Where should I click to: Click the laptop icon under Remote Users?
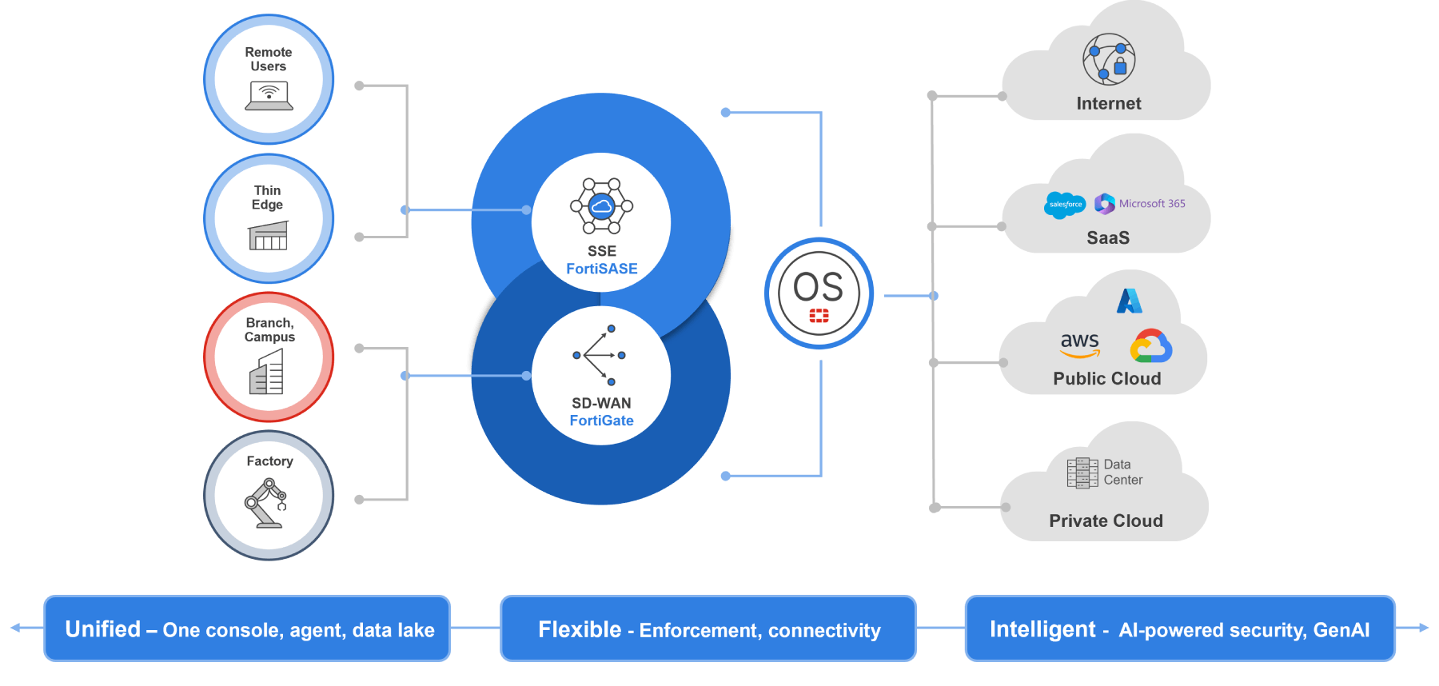pos(269,96)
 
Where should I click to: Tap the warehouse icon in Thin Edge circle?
pos(269,236)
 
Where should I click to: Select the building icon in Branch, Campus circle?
pos(267,373)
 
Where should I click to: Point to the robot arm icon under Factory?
pos(266,503)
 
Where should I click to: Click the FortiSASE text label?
pos(602,269)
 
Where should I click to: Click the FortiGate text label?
pos(601,421)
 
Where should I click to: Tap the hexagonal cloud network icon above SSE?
pos(601,206)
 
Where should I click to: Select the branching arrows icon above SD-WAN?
pos(600,355)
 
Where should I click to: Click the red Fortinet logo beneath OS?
pos(819,316)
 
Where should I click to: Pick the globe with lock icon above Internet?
pos(1109,59)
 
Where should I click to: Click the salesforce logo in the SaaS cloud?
pos(1065,205)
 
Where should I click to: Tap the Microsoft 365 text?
pos(1152,204)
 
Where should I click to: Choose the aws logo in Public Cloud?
pos(1080,345)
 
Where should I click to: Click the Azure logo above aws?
pos(1130,301)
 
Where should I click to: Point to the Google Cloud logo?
pos(1150,346)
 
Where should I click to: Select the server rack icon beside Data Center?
pos(1082,473)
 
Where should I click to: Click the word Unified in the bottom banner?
pos(103,629)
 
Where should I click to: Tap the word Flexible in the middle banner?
pos(580,629)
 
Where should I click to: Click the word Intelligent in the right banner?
pos(1042,629)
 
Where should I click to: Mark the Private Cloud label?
pos(1106,520)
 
